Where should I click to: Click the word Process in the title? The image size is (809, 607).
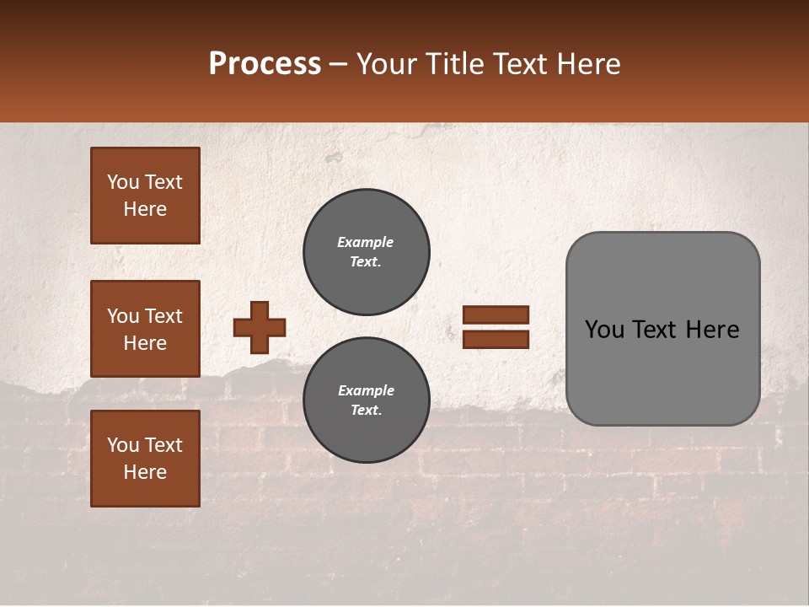point(265,64)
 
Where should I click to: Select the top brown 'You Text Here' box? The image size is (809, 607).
point(145,196)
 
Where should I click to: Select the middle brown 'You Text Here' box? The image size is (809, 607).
point(145,329)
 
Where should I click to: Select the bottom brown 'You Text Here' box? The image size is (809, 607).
point(145,459)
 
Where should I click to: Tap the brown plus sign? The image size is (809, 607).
point(260,327)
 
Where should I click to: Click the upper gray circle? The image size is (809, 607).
point(366,252)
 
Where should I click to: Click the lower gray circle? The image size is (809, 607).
point(366,400)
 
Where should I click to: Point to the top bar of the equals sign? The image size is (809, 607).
point(496,315)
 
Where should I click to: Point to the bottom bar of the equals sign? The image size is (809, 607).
point(496,339)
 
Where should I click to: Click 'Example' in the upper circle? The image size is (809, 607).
point(366,242)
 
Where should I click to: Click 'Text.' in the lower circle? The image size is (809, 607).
point(366,411)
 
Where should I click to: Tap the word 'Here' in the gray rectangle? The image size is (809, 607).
point(713,330)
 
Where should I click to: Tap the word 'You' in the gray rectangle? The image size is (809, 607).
point(605,330)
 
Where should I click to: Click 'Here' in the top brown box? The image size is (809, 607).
point(145,209)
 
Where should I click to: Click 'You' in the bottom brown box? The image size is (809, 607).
point(121,445)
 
